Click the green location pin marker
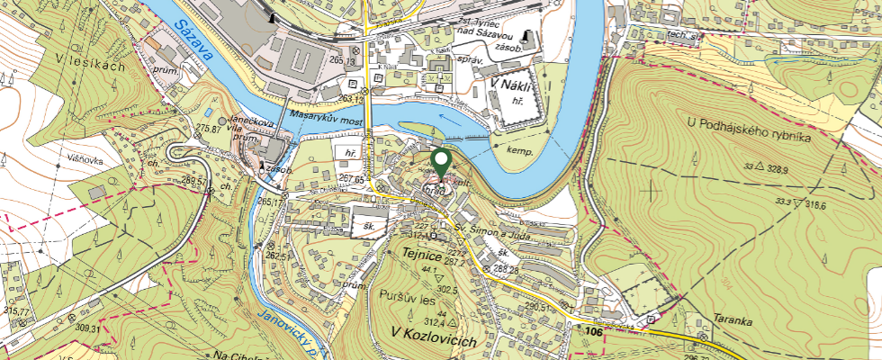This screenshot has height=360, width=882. pos(441,164)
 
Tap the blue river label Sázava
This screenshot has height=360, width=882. pos(194,40)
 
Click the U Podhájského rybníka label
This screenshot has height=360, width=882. pos(749,130)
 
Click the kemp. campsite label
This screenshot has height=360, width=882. pos(521,152)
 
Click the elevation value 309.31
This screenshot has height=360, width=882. pos(88,328)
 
